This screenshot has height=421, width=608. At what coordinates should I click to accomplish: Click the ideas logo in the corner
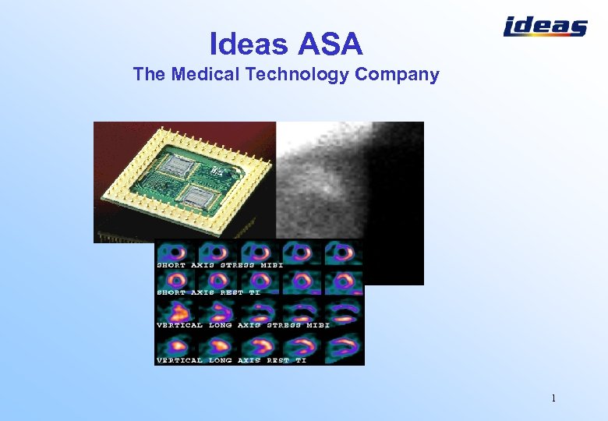(545, 27)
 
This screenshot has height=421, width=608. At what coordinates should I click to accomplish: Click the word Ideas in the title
(248, 44)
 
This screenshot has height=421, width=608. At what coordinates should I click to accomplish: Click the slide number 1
(553, 398)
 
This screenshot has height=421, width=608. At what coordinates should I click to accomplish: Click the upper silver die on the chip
(178, 165)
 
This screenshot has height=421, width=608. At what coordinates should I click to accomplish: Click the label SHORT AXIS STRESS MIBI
(220, 265)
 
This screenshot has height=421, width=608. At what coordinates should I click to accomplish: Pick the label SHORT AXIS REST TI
(209, 292)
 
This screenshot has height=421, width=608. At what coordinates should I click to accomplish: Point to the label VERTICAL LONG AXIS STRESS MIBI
(242, 325)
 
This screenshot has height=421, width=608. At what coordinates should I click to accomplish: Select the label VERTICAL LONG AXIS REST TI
(232, 360)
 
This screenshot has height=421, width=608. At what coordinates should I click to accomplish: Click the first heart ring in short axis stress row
(176, 252)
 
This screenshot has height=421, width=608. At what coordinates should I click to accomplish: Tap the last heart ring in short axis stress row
(344, 252)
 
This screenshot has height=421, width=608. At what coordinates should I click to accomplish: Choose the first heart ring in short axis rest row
(176, 280)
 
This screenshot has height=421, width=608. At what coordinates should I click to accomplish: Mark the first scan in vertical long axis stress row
(176, 310)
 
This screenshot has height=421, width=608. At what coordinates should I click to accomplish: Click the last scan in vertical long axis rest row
(344, 345)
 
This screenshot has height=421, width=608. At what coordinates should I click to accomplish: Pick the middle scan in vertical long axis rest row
(260, 345)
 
